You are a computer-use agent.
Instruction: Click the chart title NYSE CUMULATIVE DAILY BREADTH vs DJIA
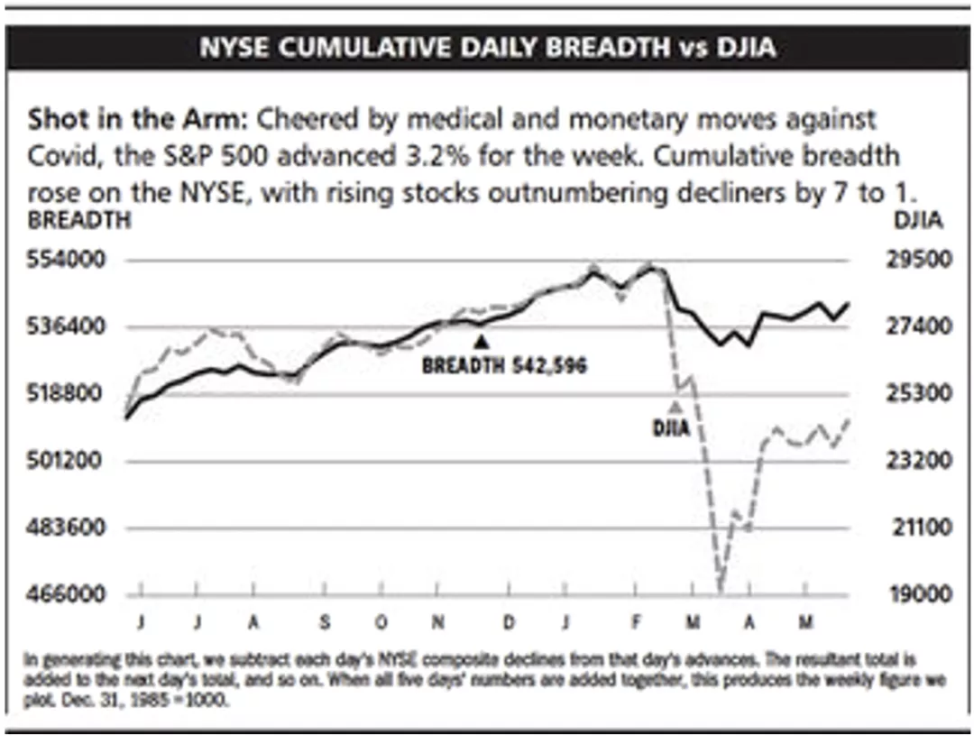tap(487, 48)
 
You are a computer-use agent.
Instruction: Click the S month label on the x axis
tap(326, 623)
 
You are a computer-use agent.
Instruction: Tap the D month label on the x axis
tap(510, 623)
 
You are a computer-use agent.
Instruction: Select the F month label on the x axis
tap(636, 623)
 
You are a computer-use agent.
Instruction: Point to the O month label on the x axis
tap(381, 623)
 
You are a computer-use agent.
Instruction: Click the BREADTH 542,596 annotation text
tap(504, 365)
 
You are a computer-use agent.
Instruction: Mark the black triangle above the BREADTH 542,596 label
tap(482, 342)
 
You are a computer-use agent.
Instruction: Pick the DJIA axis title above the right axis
tap(917, 219)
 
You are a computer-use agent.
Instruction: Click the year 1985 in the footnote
tap(169, 698)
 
